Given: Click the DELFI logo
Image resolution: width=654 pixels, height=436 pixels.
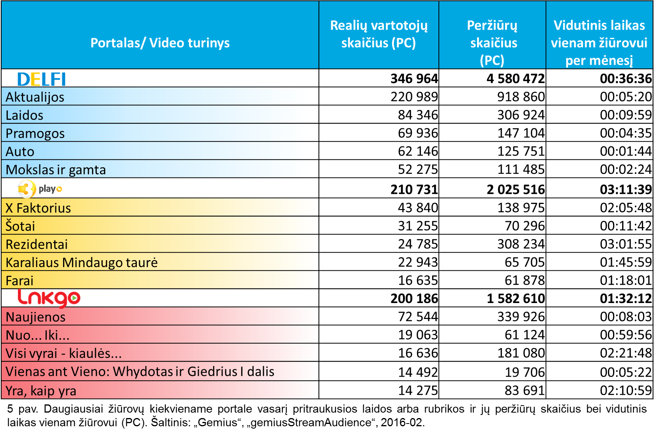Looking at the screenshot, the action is click(41, 79).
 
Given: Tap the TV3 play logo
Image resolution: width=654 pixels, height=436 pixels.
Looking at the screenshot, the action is click(40, 189).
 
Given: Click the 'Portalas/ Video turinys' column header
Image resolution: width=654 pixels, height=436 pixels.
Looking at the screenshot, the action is click(160, 43).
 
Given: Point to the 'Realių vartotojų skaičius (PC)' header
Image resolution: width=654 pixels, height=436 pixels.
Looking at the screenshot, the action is click(379, 34).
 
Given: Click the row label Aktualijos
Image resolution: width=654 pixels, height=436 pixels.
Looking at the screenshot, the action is click(35, 97).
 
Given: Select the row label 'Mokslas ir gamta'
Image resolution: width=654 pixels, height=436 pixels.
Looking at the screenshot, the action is click(55, 170).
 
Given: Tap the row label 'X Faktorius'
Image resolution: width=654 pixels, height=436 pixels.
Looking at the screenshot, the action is click(38, 208).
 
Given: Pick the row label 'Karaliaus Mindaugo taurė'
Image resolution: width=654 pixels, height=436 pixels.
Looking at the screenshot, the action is click(81, 262).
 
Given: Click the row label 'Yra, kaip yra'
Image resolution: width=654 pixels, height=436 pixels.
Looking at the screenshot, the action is click(41, 391).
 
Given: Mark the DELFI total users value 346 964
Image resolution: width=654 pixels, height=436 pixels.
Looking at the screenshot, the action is click(414, 79).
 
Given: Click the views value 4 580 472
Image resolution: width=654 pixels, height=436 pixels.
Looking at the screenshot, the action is click(516, 79).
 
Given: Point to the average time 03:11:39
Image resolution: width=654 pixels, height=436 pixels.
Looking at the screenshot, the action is click(626, 190).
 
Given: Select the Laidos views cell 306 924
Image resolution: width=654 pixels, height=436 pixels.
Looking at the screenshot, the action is click(521, 115).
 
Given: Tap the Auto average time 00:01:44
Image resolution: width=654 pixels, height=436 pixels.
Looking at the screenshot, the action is click(626, 151).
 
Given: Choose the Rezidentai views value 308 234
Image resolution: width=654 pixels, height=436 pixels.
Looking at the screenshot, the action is click(521, 244).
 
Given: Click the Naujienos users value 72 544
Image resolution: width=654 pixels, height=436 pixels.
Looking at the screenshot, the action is click(418, 317).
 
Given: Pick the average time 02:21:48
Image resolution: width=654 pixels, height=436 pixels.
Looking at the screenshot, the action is click(626, 353).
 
